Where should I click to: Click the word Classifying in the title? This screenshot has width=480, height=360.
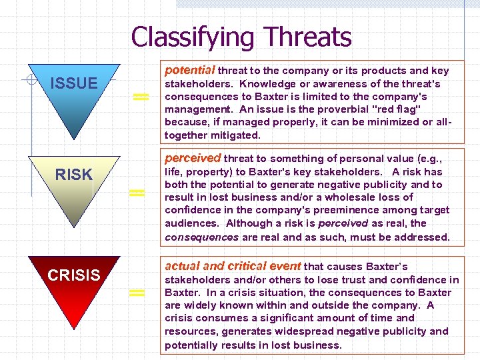(193, 37)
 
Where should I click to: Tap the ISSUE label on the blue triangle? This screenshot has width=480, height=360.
(74, 83)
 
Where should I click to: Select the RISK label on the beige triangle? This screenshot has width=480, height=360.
(74, 175)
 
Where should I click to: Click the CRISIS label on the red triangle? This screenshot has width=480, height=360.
(74, 275)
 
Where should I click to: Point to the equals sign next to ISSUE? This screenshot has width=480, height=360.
(139, 97)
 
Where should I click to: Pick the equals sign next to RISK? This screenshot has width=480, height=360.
(137, 193)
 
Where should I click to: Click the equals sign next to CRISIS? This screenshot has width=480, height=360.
(137, 293)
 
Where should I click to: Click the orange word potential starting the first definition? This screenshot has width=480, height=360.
(190, 70)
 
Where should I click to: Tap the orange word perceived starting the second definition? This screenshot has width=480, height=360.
(193, 158)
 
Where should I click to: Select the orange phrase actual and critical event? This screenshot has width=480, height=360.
(233, 266)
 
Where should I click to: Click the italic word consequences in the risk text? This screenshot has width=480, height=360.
(198, 237)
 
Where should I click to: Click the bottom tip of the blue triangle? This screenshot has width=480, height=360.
(74, 141)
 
